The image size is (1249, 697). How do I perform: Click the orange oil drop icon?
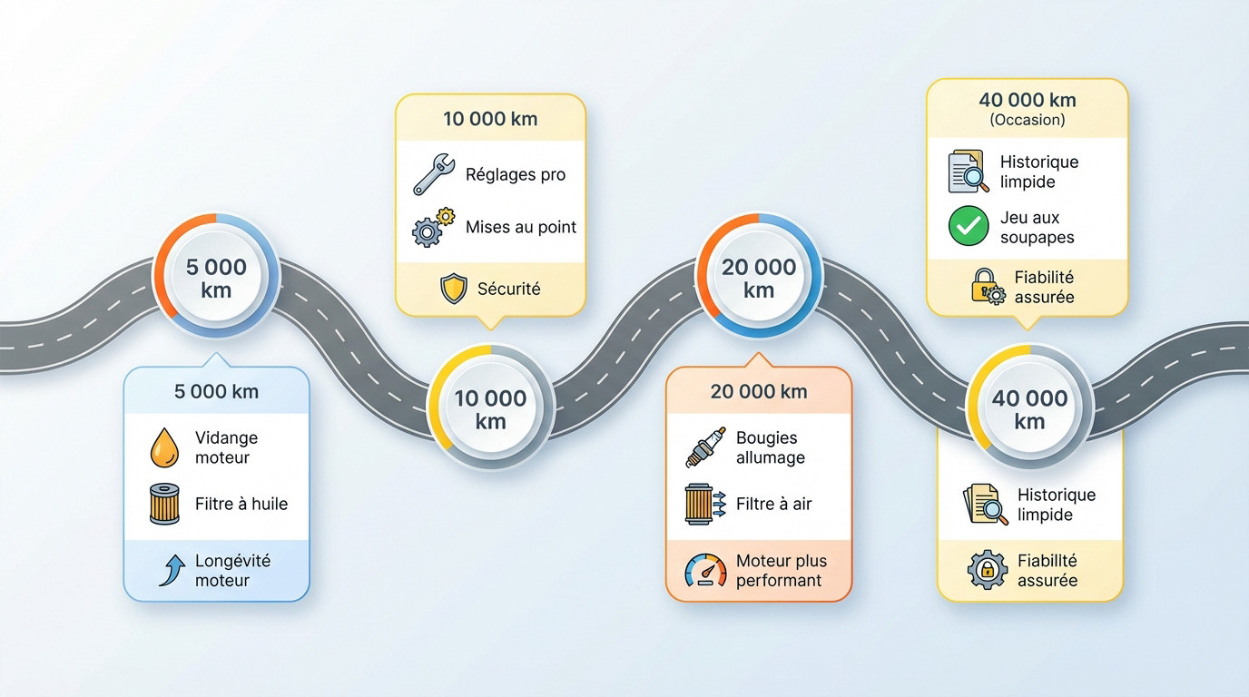pos(164,448)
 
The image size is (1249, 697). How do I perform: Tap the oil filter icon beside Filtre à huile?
pos(164,504)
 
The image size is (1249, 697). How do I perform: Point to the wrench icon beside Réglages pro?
pos(433,174)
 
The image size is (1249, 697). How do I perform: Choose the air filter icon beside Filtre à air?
pos(704,504)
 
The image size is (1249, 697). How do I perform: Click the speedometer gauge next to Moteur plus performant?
pos(705,571)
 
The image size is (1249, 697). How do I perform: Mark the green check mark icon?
pos(969,227)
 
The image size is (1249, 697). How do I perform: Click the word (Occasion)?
pos(1028,120)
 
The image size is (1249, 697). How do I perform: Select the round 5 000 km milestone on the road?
pos(216,278)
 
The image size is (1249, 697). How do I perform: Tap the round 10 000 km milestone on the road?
pos(490,409)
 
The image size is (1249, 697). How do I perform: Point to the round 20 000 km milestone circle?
pos(758,278)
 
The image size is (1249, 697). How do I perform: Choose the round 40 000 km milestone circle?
pos(1029,409)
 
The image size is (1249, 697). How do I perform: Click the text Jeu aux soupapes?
pos(1037,228)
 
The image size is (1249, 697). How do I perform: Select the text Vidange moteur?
pos(226,447)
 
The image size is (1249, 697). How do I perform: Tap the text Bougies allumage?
pos(770,447)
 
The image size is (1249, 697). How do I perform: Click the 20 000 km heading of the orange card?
pos(759,392)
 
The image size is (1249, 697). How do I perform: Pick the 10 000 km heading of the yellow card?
pos(490,119)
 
